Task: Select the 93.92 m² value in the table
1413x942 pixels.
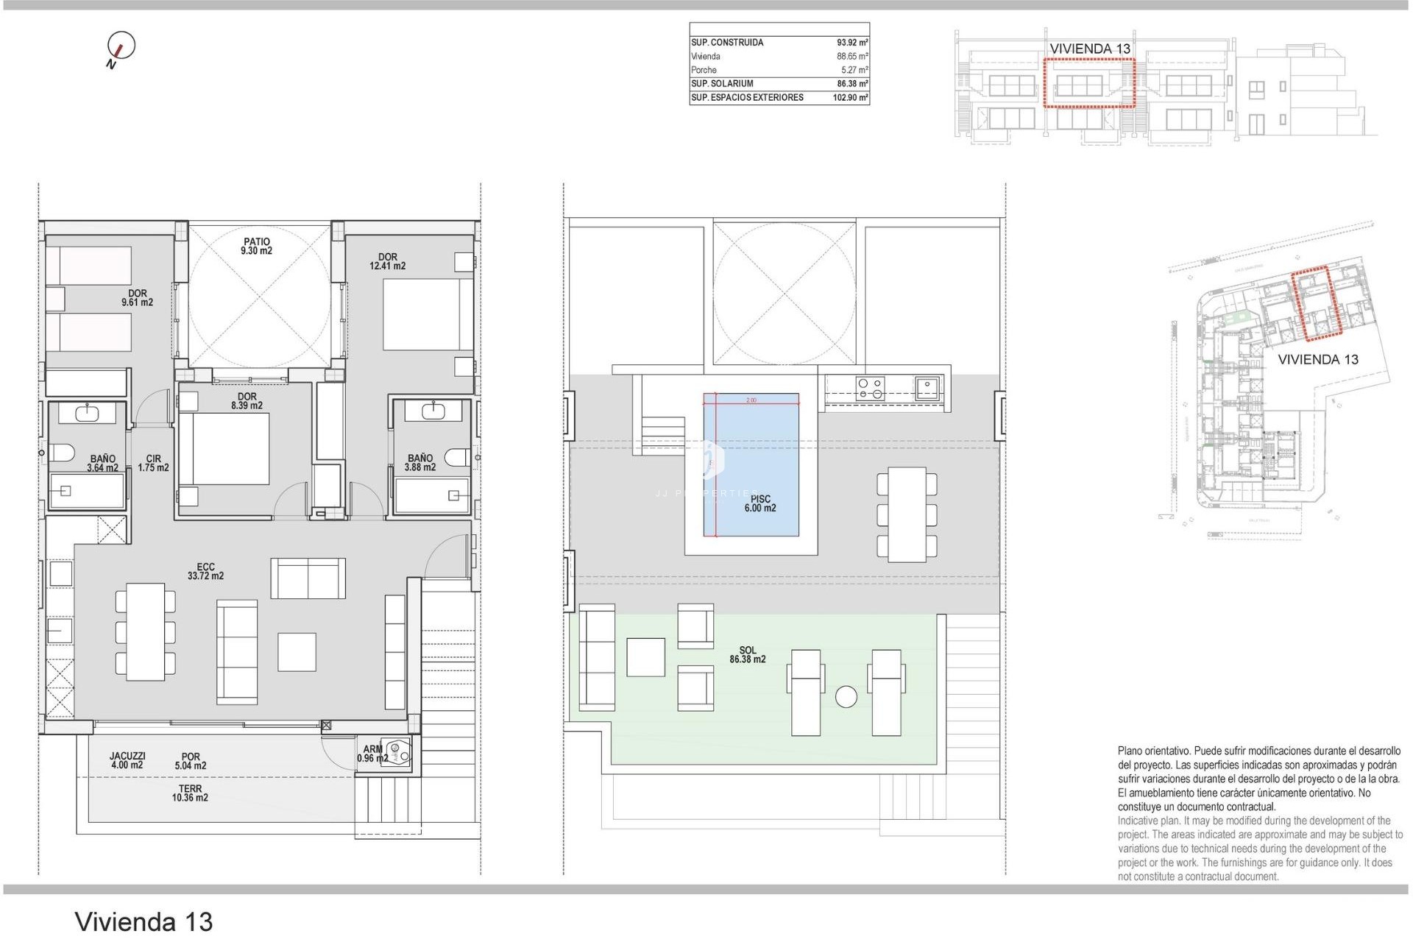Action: (x=851, y=43)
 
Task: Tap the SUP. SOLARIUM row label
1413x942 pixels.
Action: (x=722, y=84)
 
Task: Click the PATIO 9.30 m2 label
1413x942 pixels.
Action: (x=257, y=247)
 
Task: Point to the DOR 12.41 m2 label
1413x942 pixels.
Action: (x=388, y=262)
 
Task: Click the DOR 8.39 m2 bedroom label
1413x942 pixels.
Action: (x=247, y=401)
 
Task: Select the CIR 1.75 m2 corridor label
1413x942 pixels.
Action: (x=153, y=464)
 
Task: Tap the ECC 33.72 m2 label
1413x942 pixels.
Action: (x=205, y=572)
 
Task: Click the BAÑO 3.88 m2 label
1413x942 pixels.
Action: (x=420, y=463)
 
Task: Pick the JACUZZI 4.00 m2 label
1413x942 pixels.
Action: (x=127, y=760)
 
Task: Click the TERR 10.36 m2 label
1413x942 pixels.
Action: (x=190, y=793)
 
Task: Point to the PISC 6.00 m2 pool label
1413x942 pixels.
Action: (x=760, y=504)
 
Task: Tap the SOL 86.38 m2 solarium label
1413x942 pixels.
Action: (x=748, y=655)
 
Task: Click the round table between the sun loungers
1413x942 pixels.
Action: (x=846, y=697)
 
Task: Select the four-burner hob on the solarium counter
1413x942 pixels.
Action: (x=871, y=388)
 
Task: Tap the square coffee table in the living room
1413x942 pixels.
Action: (x=297, y=652)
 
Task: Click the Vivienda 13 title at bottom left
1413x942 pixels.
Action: (x=144, y=921)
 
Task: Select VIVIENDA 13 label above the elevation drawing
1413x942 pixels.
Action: (x=1089, y=49)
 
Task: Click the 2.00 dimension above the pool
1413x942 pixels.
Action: (x=751, y=400)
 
